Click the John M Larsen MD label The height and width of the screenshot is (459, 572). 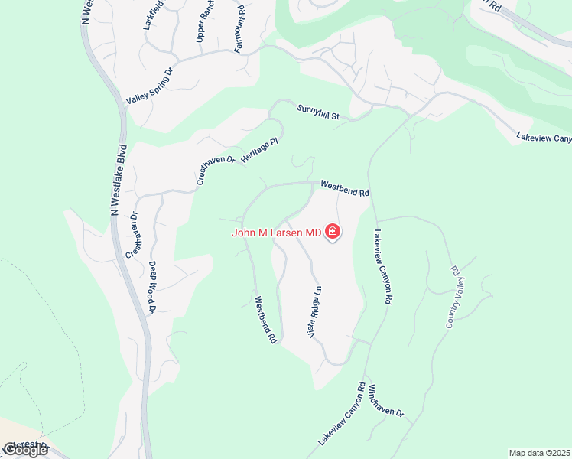click(277, 233)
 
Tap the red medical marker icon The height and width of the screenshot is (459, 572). click(333, 232)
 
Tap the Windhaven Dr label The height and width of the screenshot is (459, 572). click(385, 400)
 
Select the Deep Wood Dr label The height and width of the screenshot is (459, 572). click(152, 287)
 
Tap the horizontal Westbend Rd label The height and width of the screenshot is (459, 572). click(345, 188)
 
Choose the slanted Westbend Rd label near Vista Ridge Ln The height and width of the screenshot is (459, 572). click(265, 319)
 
